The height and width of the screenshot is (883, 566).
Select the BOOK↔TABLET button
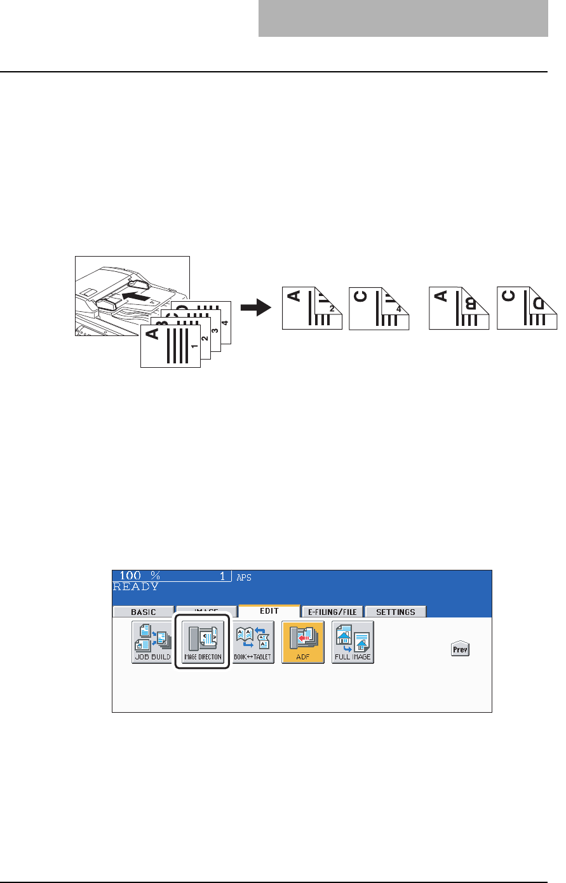coord(253,642)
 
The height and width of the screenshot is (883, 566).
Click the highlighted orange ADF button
coord(303,642)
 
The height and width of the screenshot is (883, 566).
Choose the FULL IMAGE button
coord(353,642)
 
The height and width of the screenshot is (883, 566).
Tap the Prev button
coord(460,650)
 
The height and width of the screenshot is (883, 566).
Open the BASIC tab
coord(143,612)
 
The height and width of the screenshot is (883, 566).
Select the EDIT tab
coord(269,611)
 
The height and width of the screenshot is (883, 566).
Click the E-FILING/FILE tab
coord(332,612)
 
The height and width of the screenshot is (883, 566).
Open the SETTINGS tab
coord(395,612)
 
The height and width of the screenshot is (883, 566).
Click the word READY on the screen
coord(136,587)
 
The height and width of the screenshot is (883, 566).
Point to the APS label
coord(244,578)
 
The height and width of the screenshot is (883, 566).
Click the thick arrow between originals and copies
coord(256,307)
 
